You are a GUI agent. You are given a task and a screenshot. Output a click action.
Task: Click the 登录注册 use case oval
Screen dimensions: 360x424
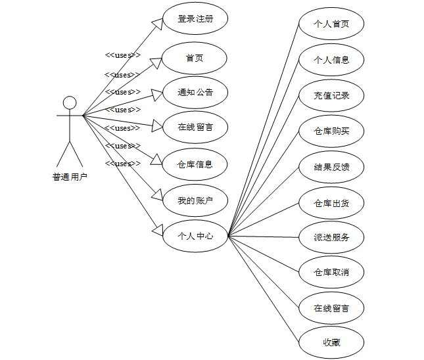pyautogui.click(x=195, y=19)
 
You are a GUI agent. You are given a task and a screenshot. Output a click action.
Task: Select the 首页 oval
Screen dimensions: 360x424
pyautogui.click(x=195, y=58)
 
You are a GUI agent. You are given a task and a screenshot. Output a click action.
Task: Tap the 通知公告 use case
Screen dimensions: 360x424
pyautogui.click(x=195, y=93)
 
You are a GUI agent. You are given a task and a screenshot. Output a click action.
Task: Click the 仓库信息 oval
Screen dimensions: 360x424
pyautogui.click(x=195, y=164)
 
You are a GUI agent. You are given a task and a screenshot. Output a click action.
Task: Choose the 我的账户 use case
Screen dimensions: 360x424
pyautogui.click(x=195, y=200)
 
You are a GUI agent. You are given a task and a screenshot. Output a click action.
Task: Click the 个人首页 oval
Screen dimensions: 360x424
pyautogui.click(x=331, y=24)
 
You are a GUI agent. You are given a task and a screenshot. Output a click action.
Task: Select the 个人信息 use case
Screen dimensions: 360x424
pyautogui.click(x=331, y=60)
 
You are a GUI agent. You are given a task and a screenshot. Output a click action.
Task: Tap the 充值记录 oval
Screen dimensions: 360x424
pyautogui.click(x=331, y=95)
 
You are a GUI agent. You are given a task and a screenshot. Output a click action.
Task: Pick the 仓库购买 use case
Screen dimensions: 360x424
pyautogui.click(x=331, y=131)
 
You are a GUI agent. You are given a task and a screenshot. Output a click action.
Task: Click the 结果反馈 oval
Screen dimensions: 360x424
pyautogui.click(x=331, y=167)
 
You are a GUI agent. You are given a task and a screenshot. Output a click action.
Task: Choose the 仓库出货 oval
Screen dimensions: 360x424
pyautogui.click(x=331, y=203)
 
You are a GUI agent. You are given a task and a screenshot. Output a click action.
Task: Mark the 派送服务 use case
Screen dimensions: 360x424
pyautogui.click(x=331, y=237)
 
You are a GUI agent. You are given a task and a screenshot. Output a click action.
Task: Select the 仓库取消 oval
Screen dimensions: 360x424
pyautogui.click(x=331, y=272)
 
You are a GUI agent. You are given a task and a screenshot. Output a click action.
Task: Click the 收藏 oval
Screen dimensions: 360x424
pyautogui.click(x=331, y=342)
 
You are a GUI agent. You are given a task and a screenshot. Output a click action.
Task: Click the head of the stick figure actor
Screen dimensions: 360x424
pyautogui.click(x=70, y=102)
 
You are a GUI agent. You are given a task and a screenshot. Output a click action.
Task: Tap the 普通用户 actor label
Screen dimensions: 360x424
pyautogui.click(x=70, y=177)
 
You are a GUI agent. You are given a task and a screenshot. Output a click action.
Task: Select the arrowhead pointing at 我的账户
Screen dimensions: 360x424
pyautogui.click(x=156, y=195)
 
